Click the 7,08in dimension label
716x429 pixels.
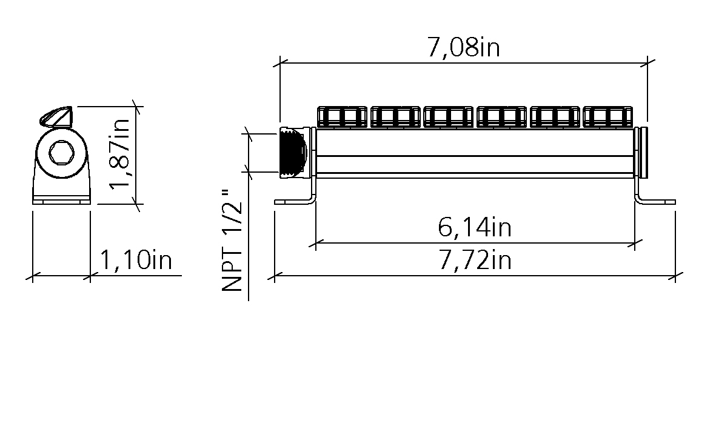pyautogui.click(x=463, y=47)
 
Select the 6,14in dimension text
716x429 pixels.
pyautogui.click(x=475, y=227)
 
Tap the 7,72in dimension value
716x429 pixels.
pyautogui.click(x=475, y=261)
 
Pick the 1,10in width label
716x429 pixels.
pyautogui.click(x=136, y=261)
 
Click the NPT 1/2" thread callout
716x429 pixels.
pyautogui.click(x=232, y=240)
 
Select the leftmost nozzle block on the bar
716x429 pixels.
pyautogui.click(x=343, y=117)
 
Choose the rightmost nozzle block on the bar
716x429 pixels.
pyautogui.click(x=608, y=117)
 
